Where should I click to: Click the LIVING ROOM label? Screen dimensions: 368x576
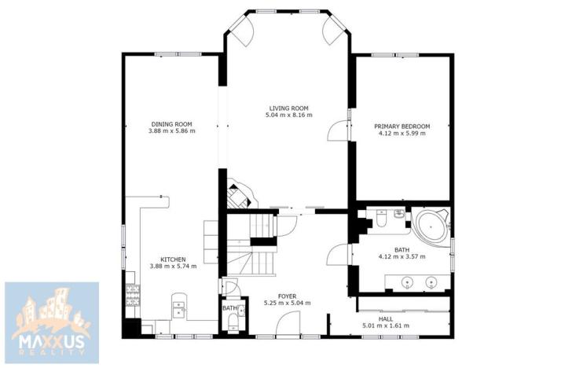coord(288,108)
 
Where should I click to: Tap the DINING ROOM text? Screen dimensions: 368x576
coord(171,123)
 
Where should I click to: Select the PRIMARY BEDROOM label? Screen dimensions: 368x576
coord(402,126)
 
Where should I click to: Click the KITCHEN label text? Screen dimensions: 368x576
coord(172,259)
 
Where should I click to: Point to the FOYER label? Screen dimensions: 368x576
coord(287,296)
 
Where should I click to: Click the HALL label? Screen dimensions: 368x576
coord(385,318)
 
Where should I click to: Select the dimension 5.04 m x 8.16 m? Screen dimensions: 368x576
coord(288,116)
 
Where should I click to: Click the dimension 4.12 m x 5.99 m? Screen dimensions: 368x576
coord(402,134)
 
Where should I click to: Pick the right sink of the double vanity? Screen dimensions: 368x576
coord(431,281)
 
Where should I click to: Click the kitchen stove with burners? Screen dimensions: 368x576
coord(132,297)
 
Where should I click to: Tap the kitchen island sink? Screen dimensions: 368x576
coord(179,308)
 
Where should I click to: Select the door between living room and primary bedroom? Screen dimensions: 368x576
coord(336,128)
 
